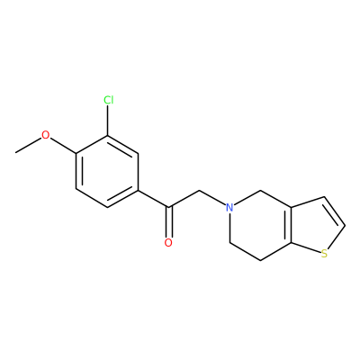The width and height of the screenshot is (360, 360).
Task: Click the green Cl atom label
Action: pos(109,100)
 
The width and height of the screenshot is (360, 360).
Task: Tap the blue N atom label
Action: pos(229,207)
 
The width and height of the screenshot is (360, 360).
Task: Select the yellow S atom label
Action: pos(324,254)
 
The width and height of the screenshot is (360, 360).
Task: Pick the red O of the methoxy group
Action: pos(45,135)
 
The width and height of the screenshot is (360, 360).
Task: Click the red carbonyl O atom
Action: pos(168,242)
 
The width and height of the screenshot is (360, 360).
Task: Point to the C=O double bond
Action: pos(169,221)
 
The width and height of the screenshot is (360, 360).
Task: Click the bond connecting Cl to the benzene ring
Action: pos(108,121)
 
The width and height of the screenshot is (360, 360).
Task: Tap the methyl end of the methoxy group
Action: pos(15,153)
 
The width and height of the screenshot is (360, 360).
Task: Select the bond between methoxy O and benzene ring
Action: pos(64,146)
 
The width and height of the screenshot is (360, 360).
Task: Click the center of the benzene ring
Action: pos(107,171)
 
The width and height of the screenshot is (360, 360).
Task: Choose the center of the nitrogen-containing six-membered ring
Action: pos(260,225)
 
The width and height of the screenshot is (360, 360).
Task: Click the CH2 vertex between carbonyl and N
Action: pos(200,190)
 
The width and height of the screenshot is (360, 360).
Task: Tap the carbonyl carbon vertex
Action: pos(169,207)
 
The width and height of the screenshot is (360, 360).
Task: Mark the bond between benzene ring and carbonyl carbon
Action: pos(153,198)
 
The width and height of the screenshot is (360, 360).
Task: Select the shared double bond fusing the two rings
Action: pos(290,225)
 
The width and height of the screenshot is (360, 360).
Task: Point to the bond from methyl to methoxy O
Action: pos(28,146)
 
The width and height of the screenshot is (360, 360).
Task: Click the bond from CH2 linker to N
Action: pos(212,198)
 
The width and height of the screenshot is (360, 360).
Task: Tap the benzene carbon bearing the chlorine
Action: pos(108,136)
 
